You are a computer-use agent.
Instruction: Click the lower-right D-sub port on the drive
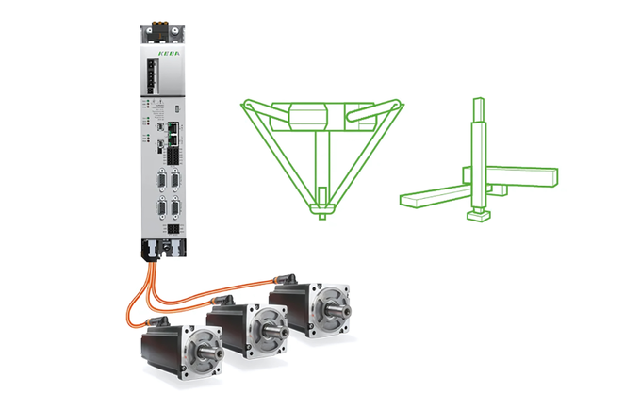tap(175, 207)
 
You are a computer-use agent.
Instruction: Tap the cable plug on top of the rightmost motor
tap(282, 276)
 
